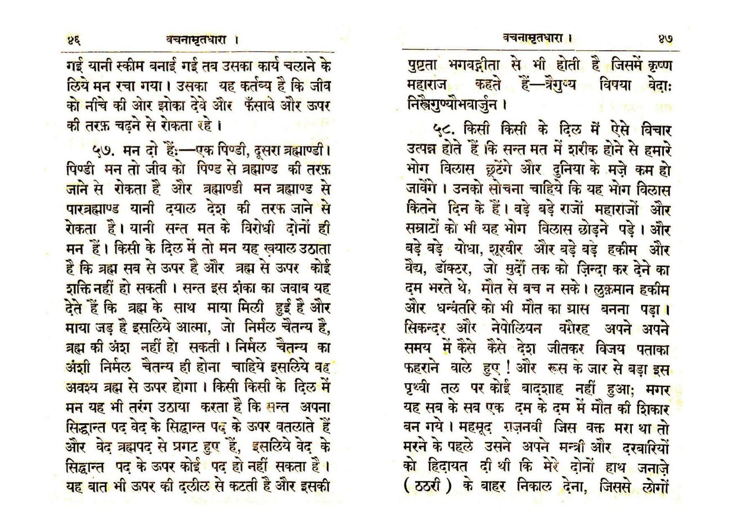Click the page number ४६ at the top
coord(74,40)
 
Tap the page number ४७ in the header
coord(664,39)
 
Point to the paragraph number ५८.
coord(446,131)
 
